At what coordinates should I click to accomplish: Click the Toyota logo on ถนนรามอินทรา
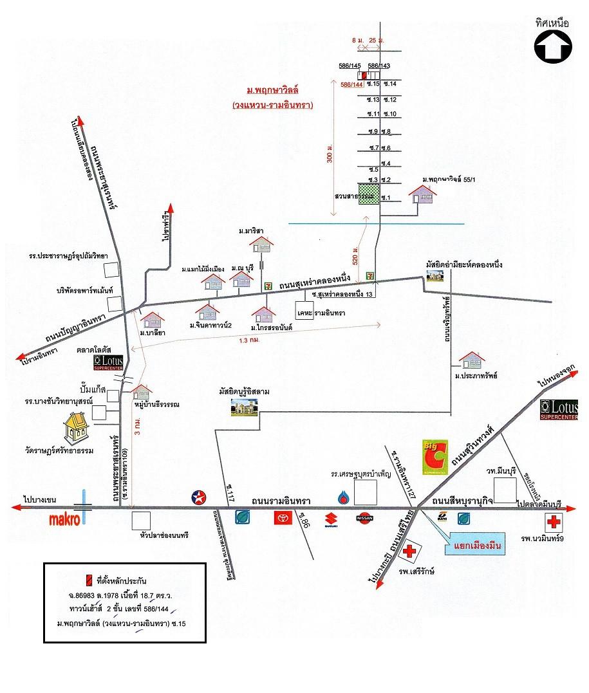point(280,517)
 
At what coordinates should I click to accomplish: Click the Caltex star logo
point(199,497)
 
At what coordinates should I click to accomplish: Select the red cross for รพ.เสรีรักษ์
point(408,552)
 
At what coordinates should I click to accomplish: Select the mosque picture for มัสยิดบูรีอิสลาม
point(245,407)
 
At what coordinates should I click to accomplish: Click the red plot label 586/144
point(351,84)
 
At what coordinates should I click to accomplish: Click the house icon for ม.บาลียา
point(153,320)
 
